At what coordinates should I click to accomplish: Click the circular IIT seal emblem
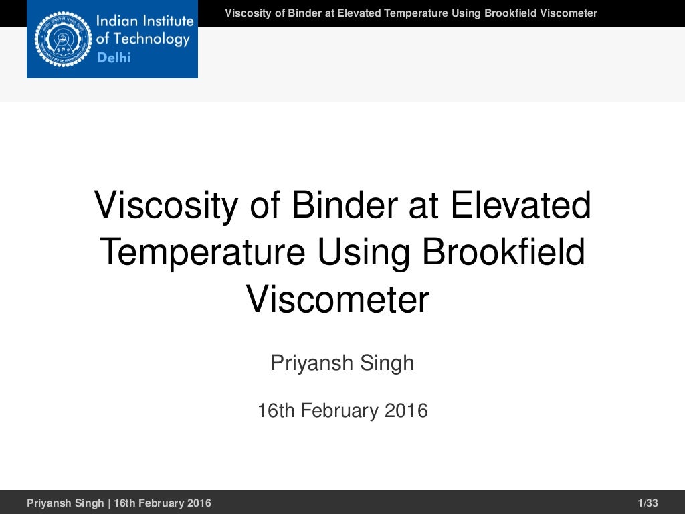[62, 39]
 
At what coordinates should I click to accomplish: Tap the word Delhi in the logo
[114, 58]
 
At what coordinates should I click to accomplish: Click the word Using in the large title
[365, 252]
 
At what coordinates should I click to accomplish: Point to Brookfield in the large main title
[504, 252]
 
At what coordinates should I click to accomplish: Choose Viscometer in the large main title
[338, 299]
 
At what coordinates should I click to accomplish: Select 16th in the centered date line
[276, 410]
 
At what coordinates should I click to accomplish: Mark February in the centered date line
[340, 410]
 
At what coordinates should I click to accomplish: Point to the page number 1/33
[648, 503]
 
